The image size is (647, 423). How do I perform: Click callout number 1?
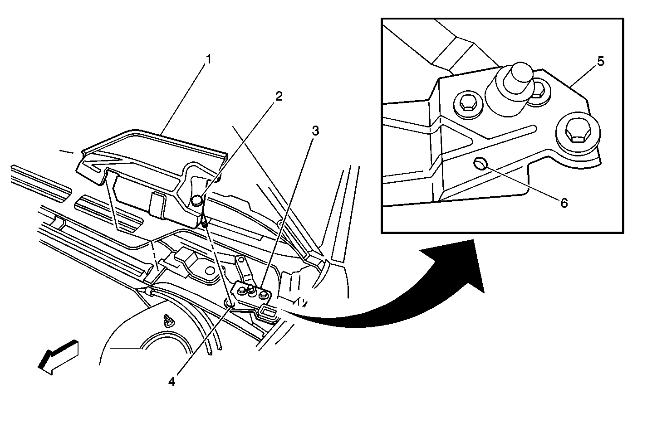(x=209, y=59)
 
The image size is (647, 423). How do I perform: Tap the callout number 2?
(x=279, y=96)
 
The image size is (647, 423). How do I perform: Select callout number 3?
(x=315, y=131)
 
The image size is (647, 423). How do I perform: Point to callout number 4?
(x=172, y=382)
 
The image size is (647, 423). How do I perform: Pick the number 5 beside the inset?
(x=600, y=62)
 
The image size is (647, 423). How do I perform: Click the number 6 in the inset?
(x=564, y=203)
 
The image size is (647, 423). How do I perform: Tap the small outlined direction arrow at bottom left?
(x=58, y=356)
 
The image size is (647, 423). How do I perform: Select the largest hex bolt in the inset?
(x=574, y=132)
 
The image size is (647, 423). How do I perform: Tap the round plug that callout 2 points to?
(x=196, y=200)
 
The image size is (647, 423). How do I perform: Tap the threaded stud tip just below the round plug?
(x=205, y=222)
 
